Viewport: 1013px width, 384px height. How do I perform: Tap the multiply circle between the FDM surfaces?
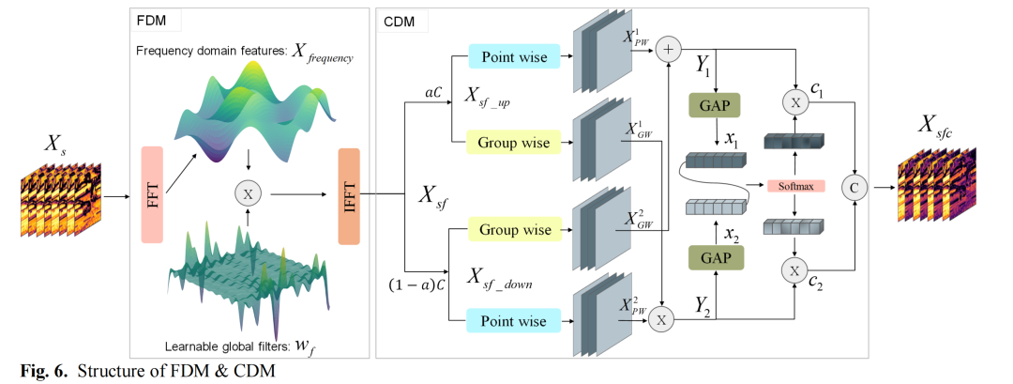pyautogui.click(x=248, y=194)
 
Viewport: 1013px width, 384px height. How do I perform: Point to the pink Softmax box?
pyautogui.click(x=794, y=185)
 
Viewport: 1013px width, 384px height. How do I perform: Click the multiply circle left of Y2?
pyautogui.click(x=662, y=320)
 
